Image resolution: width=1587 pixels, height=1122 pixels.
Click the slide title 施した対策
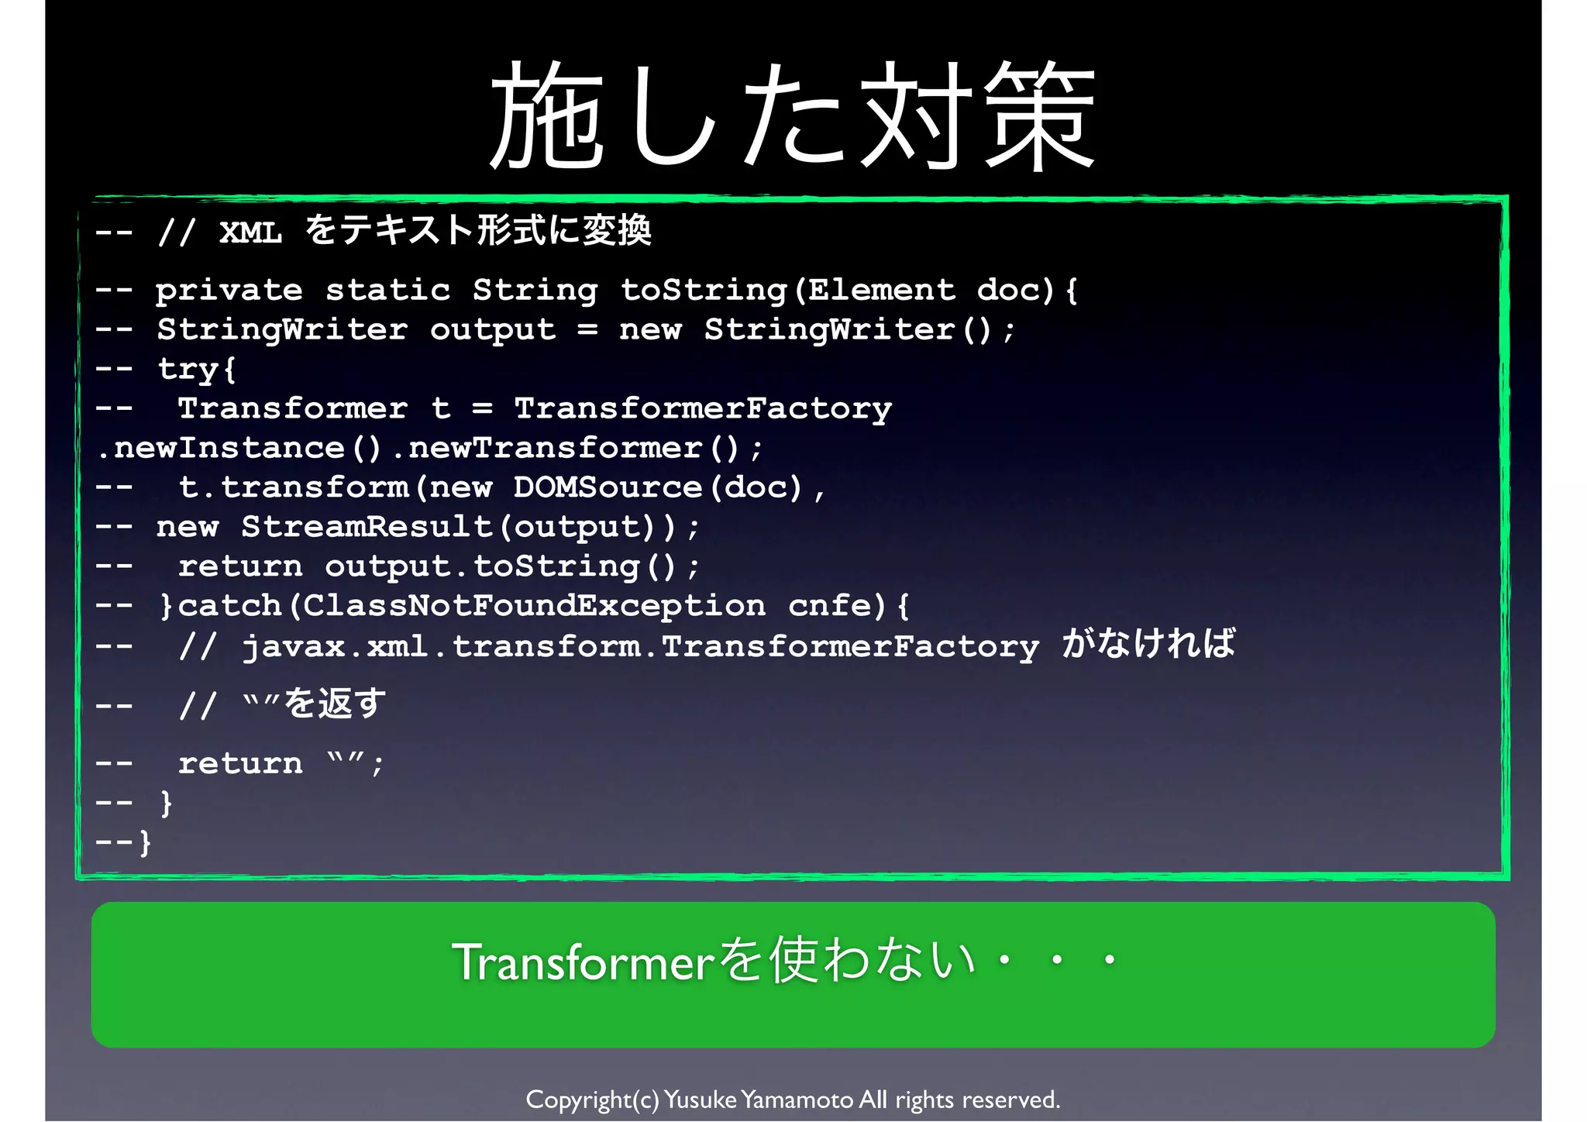coord(793,116)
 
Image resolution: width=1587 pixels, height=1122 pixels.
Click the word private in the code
coord(229,291)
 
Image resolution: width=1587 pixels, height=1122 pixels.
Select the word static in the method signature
coord(387,291)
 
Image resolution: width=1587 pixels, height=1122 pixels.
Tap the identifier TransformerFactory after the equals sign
coord(703,408)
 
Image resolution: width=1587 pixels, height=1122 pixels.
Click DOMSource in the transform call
coord(608,487)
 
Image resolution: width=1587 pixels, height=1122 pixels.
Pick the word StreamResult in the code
coord(367,527)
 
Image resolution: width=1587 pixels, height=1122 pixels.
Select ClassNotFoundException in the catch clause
coord(534,606)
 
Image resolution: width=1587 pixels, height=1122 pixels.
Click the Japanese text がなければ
coord(1149,644)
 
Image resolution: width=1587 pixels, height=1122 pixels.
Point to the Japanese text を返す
coord(335,704)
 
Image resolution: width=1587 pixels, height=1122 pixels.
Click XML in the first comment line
coord(250,232)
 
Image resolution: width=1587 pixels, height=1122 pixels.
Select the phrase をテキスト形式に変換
coord(478,230)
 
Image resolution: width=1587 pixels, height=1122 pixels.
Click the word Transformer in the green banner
coord(583,962)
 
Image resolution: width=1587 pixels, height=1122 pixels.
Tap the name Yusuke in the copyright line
coord(701,1100)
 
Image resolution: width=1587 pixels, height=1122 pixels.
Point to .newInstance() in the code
coord(240,448)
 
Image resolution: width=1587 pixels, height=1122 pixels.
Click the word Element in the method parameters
coord(882,291)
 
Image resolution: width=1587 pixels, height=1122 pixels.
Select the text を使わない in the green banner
coord(846,961)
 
